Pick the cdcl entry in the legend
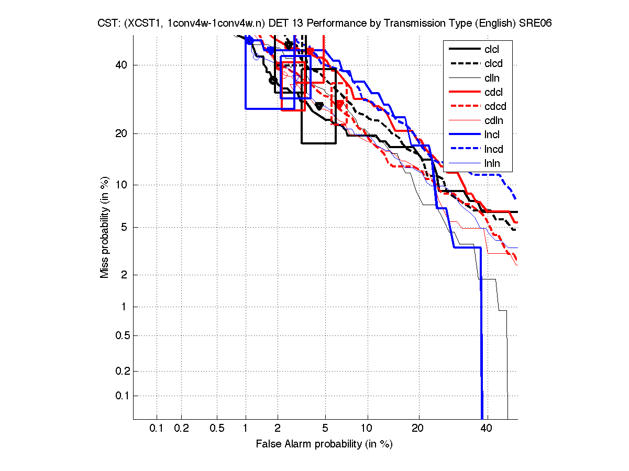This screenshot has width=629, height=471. tap(493, 92)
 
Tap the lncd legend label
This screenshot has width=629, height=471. tap(493, 149)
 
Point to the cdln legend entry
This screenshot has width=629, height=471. tap(493, 121)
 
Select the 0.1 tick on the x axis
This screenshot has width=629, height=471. tap(157, 429)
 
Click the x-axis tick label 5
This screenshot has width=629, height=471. tap(325, 429)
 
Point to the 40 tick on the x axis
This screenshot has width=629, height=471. tap(487, 429)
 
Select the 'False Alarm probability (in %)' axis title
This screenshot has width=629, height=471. tap(324, 444)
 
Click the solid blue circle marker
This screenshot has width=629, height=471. tap(249, 40)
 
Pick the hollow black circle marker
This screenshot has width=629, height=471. tap(272, 80)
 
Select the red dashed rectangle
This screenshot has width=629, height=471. tap(338, 104)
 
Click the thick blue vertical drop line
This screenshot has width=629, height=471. tap(481, 340)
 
